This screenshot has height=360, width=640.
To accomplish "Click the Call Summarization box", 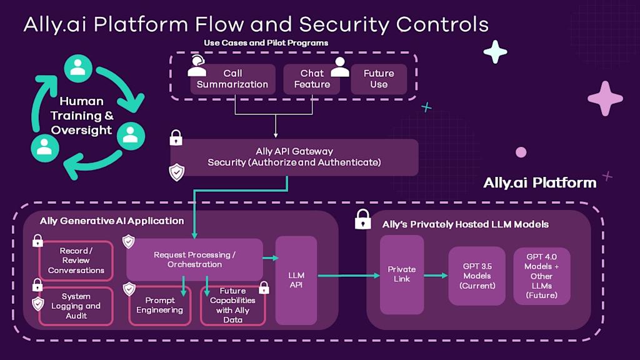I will click(232, 79).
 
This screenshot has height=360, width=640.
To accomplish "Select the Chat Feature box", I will click(312, 79).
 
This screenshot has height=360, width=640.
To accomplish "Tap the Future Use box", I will click(379, 79).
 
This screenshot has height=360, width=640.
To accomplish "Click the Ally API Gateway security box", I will click(294, 157).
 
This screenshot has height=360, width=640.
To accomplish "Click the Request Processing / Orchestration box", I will click(194, 259).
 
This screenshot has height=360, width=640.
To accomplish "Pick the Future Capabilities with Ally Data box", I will click(232, 306).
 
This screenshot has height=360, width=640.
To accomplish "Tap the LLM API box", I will click(296, 280).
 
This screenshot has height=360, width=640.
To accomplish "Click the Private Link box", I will click(401, 274).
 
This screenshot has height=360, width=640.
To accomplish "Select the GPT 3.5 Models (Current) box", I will click(477, 276).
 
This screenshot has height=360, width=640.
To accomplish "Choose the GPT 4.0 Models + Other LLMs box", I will click(542, 276).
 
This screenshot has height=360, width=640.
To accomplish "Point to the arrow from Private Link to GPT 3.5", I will click(436, 275).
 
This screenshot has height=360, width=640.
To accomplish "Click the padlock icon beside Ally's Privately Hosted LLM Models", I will click(362, 219).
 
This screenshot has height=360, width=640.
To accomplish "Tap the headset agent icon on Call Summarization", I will click(197, 65).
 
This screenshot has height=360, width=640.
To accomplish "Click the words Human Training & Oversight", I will click(81, 116).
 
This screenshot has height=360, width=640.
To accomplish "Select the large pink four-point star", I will click(605, 99).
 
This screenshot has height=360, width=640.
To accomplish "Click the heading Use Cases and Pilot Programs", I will click(266, 43).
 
